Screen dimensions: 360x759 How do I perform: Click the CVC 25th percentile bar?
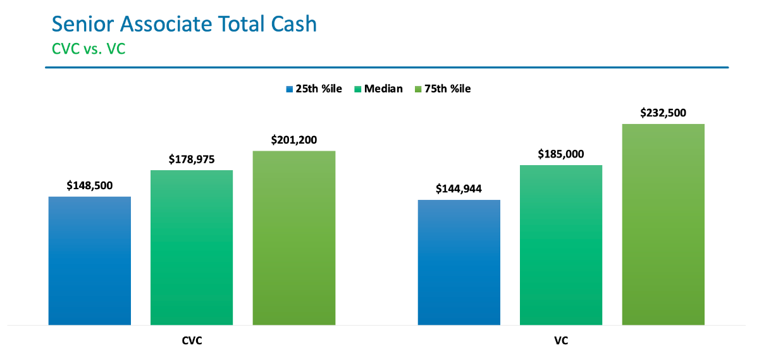90,261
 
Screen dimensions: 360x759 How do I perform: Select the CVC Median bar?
192,247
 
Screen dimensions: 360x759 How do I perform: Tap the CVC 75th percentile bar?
294,238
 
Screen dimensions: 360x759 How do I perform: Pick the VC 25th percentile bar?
459,263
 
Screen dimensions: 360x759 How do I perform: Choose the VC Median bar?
561,245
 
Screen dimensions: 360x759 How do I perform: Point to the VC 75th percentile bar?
663,225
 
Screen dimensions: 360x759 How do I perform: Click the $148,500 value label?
90,186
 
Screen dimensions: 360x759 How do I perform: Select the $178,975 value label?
192,159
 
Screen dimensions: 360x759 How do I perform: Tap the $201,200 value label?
294,140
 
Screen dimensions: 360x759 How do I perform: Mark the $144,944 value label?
459,189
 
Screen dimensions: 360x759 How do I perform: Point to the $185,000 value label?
561,154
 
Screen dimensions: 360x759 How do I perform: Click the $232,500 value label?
663,113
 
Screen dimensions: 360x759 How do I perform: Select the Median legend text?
383,89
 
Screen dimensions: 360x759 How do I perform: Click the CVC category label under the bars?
192,341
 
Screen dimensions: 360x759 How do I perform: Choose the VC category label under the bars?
561,341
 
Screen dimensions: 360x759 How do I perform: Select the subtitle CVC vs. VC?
89,49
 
